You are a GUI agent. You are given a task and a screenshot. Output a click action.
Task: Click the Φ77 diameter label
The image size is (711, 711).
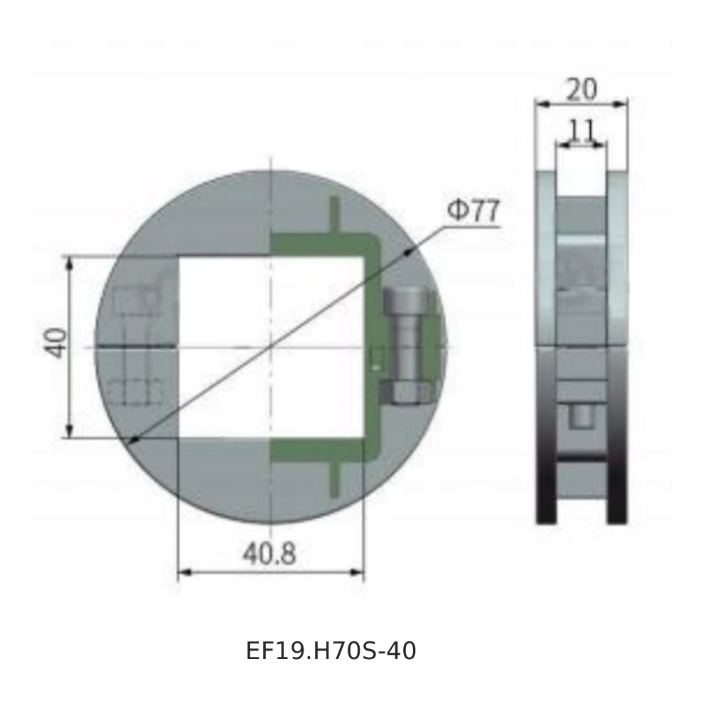tap(474, 212)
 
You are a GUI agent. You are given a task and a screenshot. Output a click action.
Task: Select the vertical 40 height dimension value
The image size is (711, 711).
tap(58, 343)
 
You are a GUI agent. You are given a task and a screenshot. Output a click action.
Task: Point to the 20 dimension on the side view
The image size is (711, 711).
tap(582, 90)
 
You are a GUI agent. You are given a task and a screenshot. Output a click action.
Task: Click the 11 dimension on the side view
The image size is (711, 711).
tap(582, 131)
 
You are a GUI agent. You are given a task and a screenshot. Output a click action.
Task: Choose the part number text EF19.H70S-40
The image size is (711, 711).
tap(331, 651)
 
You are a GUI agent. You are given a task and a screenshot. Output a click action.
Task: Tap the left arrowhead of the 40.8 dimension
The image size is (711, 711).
tap(182, 571)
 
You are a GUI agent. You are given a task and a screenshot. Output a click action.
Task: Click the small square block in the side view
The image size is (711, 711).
tap(580, 416)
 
